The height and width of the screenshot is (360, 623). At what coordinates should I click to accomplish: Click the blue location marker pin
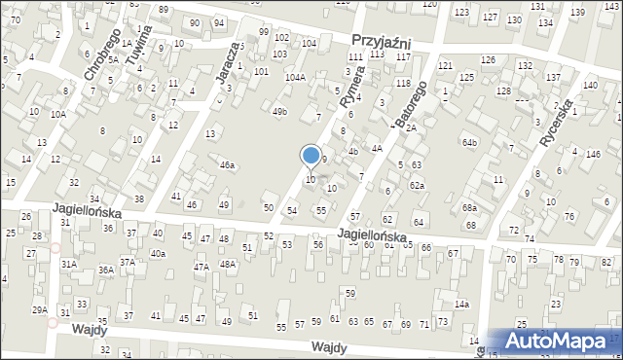pos(311,156)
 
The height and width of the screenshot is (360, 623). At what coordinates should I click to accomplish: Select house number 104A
pos(295,77)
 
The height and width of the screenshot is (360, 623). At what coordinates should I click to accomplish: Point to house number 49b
pos(279,112)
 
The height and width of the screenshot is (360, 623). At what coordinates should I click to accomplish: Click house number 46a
pos(226,165)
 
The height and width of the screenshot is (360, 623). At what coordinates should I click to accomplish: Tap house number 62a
pos(417,185)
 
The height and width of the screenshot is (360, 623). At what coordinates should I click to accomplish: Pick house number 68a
pos(470,208)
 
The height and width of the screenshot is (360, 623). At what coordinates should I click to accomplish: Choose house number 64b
pos(471,142)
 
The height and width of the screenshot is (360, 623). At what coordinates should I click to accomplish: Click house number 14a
pos(461,305)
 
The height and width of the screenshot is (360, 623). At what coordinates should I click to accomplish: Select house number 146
pos(593,154)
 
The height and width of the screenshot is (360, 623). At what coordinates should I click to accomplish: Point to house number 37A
pos(128,262)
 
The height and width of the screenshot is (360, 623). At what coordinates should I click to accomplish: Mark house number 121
pos(445,65)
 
